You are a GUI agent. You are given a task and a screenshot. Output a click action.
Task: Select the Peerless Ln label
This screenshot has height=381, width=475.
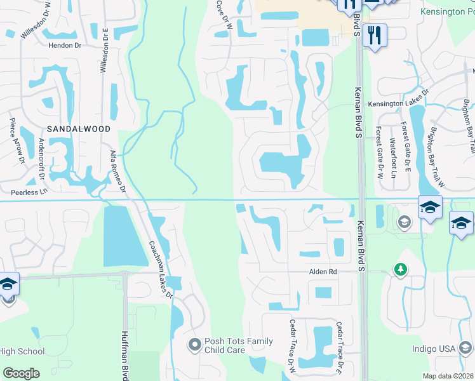coord(29,191)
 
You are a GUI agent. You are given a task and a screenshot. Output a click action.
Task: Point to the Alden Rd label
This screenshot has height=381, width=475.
coord(323,272)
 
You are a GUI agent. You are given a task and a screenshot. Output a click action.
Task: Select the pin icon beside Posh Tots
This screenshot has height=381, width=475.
coord(194,345)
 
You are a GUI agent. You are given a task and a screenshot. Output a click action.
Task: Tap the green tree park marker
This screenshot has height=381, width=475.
coord(400,269)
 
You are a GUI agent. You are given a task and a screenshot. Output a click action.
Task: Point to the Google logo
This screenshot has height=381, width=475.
coord(22,373)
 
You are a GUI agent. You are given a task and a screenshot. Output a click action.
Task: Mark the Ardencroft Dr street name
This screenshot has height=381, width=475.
coord(42,159)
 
